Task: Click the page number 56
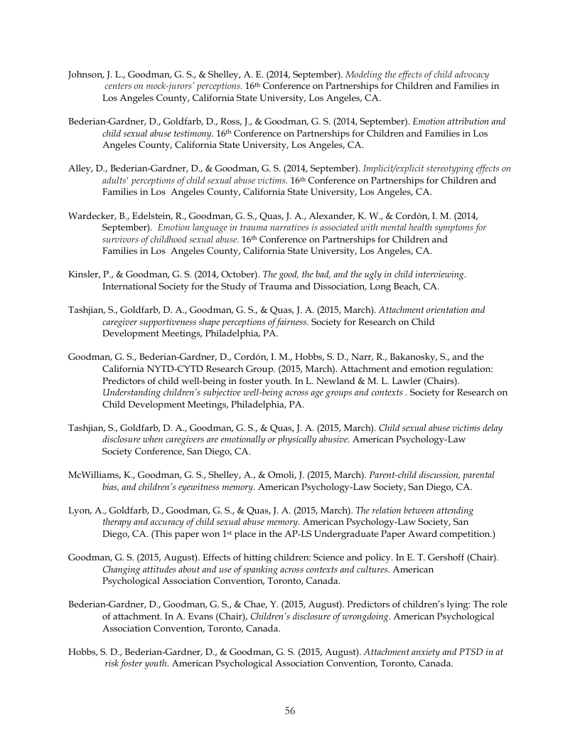coord(290,710)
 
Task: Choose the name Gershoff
coord(444,558)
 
